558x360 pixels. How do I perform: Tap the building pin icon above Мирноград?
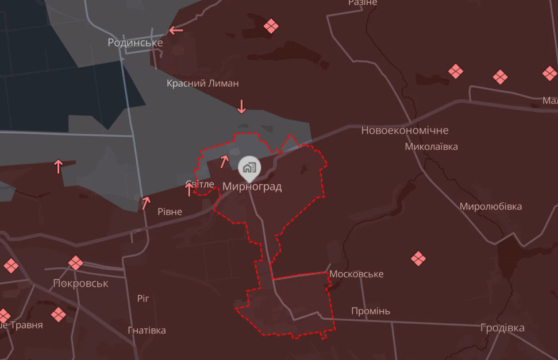pyautogui.click(x=249, y=168)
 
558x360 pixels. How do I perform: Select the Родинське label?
pyautogui.click(x=135, y=43)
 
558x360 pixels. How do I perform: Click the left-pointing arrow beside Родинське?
pyautogui.click(x=176, y=30)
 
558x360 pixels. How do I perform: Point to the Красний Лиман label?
pyautogui.click(x=202, y=84)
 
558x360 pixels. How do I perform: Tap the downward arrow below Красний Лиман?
pyautogui.click(x=241, y=106)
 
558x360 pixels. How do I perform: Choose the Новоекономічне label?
pyautogui.click(x=405, y=131)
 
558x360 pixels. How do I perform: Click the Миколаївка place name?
pyautogui.click(x=431, y=146)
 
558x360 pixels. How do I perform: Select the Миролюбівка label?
pyautogui.click(x=490, y=206)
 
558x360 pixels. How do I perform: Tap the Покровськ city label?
pyautogui.click(x=80, y=283)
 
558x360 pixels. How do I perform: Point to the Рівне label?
pyautogui.click(x=170, y=212)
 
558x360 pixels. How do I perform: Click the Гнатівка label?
pyautogui.click(x=147, y=330)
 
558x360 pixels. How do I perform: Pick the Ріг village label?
pyautogui.click(x=143, y=298)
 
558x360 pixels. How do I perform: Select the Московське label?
pyautogui.click(x=356, y=274)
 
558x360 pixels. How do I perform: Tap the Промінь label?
pyautogui.click(x=371, y=311)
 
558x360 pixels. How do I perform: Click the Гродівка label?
pyautogui.click(x=502, y=328)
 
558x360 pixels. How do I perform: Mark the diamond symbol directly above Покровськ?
pyautogui.click(x=76, y=263)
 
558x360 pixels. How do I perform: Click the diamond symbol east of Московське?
pyautogui.click(x=418, y=259)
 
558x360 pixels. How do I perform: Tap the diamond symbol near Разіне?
pyautogui.click(x=271, y=26)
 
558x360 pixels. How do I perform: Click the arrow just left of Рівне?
pyautogui.click(x=145, y=203)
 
